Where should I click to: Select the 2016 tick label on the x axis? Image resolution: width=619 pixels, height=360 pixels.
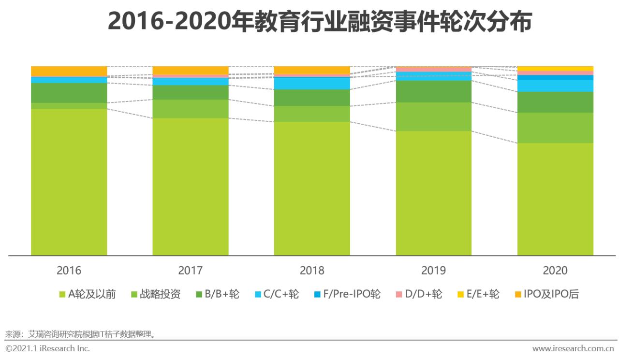(69, 271)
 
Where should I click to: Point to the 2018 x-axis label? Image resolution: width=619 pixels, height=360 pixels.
(312, 271)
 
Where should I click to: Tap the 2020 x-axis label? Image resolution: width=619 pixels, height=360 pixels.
(555, 271)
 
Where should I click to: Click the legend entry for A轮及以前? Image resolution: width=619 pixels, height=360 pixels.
(87, 294)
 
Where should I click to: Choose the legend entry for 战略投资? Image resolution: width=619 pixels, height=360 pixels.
(155, 294)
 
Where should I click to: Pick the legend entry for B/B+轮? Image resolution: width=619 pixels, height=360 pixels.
(217, 294)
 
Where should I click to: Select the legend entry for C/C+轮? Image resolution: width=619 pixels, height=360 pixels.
(277, 294)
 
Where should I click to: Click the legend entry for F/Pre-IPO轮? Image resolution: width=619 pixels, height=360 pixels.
(347, 294)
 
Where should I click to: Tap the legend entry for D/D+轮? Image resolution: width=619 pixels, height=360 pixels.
(419, 294)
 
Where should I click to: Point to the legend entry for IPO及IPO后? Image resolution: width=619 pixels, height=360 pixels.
(546, 294)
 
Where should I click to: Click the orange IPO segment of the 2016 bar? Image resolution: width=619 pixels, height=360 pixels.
(69, 71)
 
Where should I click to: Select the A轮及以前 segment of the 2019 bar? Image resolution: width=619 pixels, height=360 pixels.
(433, 193)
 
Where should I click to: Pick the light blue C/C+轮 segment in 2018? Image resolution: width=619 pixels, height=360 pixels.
(312, 84)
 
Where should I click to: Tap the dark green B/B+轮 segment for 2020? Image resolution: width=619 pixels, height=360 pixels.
(555, 102)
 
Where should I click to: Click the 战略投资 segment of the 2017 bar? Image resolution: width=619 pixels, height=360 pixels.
(190, 109)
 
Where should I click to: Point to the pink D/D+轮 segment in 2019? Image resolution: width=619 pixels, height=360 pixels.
(433, 70)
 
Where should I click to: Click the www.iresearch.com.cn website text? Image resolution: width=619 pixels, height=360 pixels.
(573, 348)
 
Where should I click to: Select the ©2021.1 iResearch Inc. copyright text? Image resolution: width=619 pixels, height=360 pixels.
(47, 348)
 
